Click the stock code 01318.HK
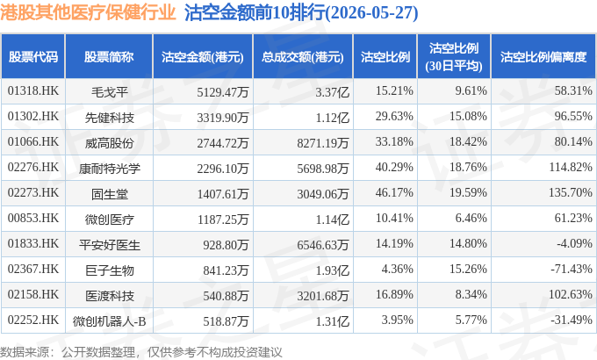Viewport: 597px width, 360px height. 33,90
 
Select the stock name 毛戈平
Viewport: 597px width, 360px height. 109,92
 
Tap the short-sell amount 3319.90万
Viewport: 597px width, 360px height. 223,118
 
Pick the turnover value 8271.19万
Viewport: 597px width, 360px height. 323,143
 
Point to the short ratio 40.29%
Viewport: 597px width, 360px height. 394,167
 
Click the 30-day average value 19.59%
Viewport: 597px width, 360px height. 468,193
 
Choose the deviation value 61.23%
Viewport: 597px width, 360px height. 573,218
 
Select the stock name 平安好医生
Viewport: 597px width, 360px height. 109,245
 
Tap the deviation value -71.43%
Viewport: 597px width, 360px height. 572,269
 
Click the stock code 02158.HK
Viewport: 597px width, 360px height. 33,294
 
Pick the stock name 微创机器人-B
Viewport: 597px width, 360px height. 109,321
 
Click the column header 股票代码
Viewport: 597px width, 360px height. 33,57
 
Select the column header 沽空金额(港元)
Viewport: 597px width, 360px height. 203,57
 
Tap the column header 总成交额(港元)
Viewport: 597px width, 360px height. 303,57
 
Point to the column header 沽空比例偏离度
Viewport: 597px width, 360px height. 543,57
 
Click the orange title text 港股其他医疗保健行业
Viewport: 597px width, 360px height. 88,12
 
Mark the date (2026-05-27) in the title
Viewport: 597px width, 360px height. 372,12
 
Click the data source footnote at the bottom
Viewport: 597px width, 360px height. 140,352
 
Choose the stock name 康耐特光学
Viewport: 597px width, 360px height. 109,169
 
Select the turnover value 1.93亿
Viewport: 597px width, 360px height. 333,270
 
